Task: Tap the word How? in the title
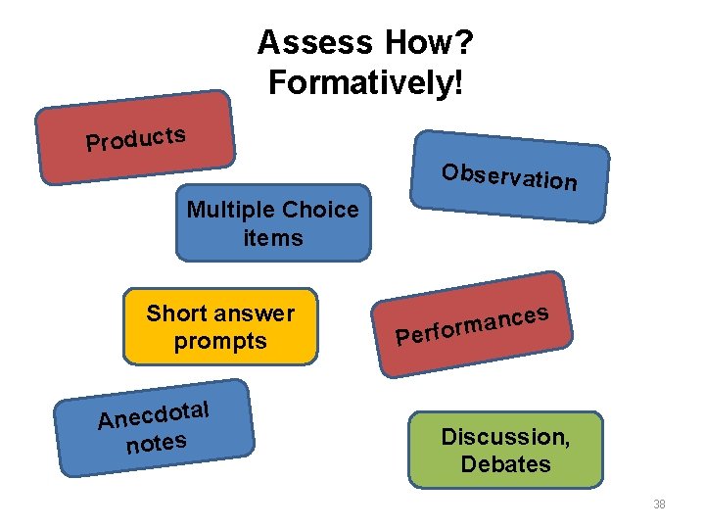pos(431,42)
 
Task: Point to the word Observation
pos(509,177)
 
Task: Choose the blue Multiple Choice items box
pos(273,223)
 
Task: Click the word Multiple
pos(230,210)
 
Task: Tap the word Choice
pos(319,210)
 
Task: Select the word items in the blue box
pos(273,238)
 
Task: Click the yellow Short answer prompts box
pos(220,327)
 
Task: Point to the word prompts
pos(220,341)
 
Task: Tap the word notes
pos(156,444)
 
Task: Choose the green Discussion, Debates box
pos(505,450)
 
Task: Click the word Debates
pos(505,463)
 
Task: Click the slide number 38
pos(659,505)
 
